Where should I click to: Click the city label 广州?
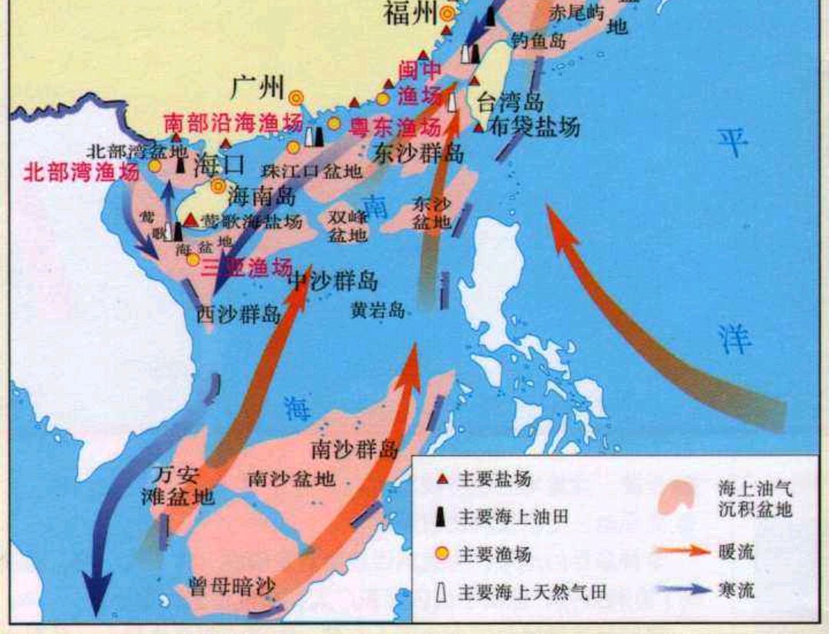pyautogui.click(x=258, y=86)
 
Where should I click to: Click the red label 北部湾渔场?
pyautogui.click(x=82, y=171)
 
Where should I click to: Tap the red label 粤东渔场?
pyautogui.click(x=395, y=127)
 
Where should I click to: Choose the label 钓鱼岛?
pyautogui.click(x=538, y=41)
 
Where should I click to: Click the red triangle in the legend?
pyautogui.click(x=441, y=480)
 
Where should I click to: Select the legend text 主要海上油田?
pyautogui.click(x=514, y=517)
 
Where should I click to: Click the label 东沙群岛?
pyautogui.click(x=419, y=152)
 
